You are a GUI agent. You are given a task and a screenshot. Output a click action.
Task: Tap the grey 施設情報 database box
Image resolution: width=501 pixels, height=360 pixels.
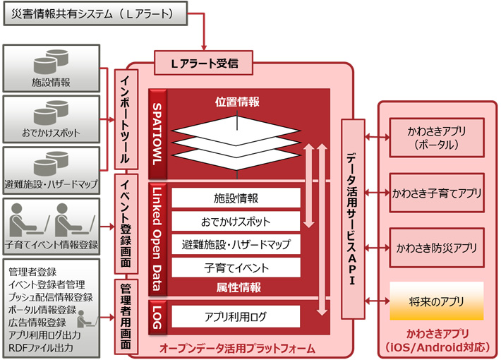pos(51,71)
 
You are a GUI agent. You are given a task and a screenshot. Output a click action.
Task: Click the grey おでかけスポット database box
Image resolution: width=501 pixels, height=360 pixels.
pos(51,119)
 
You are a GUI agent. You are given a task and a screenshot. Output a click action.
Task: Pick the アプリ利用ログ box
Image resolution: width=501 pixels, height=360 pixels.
pos(236,316)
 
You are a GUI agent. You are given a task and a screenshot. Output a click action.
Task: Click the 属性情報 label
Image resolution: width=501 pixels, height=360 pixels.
pos(238,287)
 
